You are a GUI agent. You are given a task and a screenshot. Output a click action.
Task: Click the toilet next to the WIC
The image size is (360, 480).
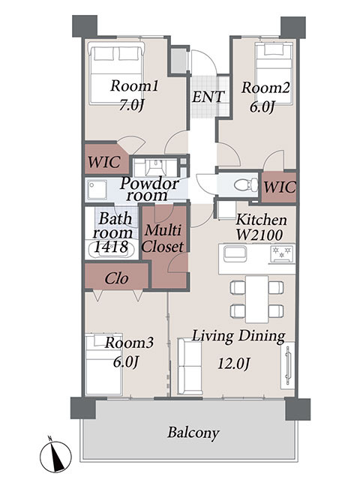246,185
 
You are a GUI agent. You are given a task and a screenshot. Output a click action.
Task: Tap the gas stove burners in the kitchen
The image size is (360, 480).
282,253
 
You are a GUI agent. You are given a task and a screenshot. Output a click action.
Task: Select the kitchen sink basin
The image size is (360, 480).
235,253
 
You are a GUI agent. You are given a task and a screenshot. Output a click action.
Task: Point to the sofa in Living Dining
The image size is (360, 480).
190,367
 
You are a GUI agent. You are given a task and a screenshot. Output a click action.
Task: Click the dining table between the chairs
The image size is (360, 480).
257,298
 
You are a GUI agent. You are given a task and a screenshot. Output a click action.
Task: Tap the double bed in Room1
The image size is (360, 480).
116,73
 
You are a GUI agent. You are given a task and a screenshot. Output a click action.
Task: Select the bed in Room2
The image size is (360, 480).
274,73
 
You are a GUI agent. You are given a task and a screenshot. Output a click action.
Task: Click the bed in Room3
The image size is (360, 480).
103,364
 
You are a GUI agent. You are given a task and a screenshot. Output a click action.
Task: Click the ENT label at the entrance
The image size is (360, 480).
208,97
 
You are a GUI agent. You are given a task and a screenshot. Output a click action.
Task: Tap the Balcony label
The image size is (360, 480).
193,433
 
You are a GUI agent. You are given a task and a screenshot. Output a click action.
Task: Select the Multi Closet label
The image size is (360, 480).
163,238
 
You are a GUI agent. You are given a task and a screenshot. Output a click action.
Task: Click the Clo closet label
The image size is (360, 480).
116,278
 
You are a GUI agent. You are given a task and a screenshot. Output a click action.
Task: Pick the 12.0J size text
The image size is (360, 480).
234,364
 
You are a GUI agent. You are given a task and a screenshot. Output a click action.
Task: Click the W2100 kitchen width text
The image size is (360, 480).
259,235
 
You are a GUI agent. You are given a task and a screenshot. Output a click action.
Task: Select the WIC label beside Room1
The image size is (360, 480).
104,162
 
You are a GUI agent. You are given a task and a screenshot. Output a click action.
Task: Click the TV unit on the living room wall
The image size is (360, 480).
288,365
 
